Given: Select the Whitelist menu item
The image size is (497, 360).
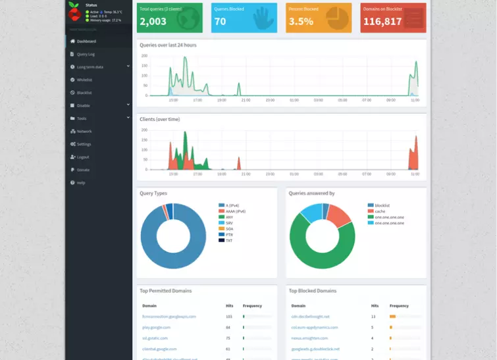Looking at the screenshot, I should click(x=84, y=80).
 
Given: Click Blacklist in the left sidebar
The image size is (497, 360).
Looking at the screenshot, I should click(x=84, y=93).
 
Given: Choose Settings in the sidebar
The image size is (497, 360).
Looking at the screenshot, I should click(x=84, y=144).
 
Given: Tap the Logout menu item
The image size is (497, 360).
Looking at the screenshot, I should click(x=83, y=157).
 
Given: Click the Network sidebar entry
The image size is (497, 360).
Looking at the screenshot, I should click(x=84, y=132).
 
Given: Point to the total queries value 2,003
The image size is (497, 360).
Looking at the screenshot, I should click(x=153, y=22).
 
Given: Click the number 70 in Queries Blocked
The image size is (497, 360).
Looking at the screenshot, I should click(x=220, y=22).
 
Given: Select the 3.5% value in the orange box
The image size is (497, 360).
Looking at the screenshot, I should click(x=301, y=22).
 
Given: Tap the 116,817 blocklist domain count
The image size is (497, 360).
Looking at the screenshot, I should click(x=382, y=22).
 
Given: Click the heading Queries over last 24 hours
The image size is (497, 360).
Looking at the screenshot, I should click(x=168, y=45).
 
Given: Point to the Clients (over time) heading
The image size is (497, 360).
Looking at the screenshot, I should click(x=159, y=119).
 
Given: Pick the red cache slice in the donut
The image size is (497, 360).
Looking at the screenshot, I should click(x=339, y=215).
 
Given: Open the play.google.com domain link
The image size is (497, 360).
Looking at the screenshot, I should click(x=156, y=327).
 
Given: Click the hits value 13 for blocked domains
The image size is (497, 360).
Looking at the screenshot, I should click(x=373, y=316).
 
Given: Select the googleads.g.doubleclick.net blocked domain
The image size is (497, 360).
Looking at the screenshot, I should click(x=315, y=349).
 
